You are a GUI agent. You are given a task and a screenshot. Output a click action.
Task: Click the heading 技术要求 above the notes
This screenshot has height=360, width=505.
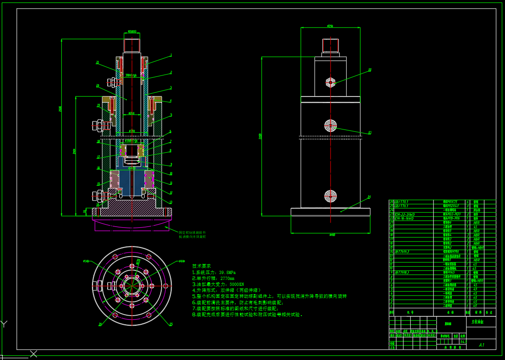click(201, 266)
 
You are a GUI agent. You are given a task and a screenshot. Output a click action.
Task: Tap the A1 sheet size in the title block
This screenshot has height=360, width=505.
click(481, 345)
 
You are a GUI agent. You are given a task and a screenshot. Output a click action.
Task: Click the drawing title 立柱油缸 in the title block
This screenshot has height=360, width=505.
click(478, 322)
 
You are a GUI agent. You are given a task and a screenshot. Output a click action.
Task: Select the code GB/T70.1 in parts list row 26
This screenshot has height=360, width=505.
click(402, 202)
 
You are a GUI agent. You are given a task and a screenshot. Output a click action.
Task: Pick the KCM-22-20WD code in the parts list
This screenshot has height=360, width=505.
click(404, 214)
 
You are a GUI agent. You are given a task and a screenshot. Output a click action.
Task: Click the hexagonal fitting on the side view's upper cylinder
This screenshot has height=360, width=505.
click(330, 82)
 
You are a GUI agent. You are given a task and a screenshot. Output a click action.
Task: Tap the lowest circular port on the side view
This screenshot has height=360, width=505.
click(330, 196)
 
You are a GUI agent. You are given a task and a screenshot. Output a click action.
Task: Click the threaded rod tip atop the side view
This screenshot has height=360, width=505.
click(330, 45)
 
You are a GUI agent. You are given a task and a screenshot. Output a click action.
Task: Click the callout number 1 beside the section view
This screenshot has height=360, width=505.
click(171, 55)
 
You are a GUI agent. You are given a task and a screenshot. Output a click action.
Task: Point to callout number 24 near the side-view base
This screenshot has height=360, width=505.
click(369, 198)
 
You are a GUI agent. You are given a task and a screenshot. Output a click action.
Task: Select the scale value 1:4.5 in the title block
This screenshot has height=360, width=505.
click(463, 341)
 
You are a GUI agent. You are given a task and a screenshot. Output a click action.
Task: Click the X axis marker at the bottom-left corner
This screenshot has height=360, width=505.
click(33, 353)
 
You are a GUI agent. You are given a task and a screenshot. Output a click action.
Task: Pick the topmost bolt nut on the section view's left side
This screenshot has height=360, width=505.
click(112, 82)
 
